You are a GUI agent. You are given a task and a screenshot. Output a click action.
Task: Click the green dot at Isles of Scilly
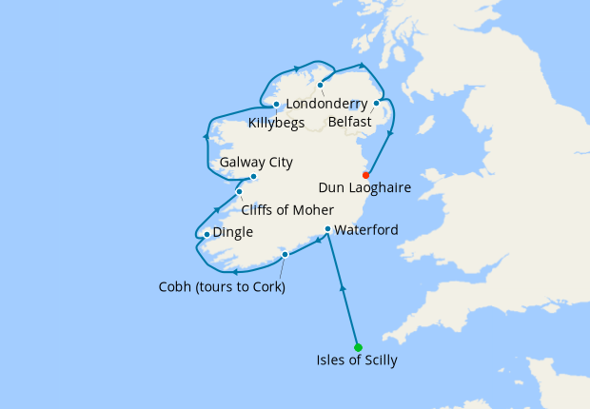point(358,347)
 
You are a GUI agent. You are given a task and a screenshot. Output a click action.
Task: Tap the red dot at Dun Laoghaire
point(366,175)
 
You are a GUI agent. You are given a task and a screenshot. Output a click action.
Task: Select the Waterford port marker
point(327,229)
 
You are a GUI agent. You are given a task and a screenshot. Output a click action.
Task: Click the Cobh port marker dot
point(285,254)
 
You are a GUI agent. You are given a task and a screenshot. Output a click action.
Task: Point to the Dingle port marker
point(206,234)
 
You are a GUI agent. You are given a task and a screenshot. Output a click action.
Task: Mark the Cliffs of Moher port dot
point(239,192)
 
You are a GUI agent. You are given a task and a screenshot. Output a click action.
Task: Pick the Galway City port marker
point(253,177)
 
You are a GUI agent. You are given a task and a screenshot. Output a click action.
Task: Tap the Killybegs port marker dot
point(276,105)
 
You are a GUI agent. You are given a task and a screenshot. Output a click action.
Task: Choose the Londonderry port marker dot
point(321,85)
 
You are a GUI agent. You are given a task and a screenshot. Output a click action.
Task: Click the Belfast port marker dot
point(377,103)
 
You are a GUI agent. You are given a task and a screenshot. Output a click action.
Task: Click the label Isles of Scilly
point(357,360)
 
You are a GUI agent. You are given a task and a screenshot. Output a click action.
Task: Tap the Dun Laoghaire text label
point(365,188)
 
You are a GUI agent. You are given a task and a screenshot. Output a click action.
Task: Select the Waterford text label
point(366,230)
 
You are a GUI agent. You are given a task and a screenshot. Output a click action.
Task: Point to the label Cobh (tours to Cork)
point(222,287)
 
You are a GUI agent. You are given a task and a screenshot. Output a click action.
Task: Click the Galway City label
point(256,163)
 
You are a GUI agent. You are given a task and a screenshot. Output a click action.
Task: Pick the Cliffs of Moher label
point(287,210)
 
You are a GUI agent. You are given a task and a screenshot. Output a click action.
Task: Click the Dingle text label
point(233,232)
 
